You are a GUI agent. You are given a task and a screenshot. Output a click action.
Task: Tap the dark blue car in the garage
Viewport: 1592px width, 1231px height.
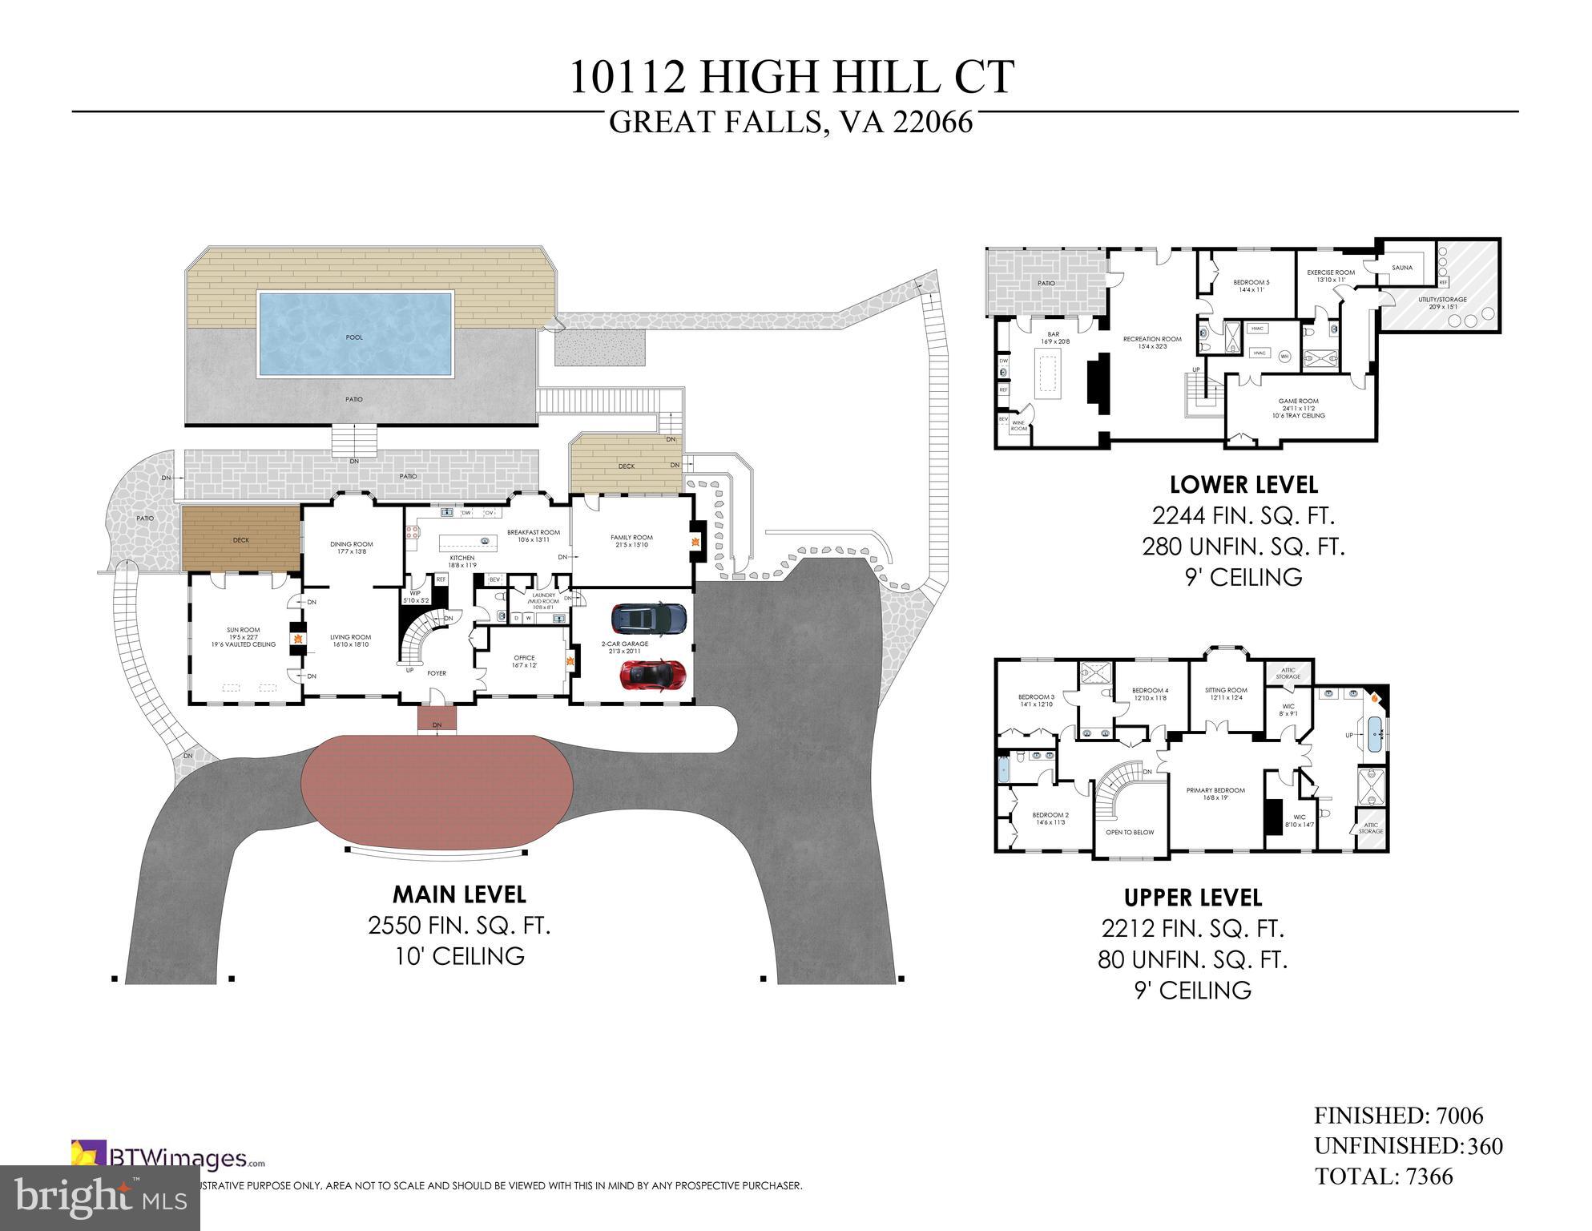click(x=649, y=619)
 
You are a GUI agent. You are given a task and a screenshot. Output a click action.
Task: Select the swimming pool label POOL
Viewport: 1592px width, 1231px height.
click(x=354, y=337)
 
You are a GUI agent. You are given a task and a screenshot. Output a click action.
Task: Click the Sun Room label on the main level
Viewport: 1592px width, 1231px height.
click(x=244, y=630)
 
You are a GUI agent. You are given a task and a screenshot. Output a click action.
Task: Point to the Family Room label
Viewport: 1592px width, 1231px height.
click(x=631, y=538)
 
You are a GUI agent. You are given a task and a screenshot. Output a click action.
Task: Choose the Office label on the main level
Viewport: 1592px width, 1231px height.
click(x=524, y=658)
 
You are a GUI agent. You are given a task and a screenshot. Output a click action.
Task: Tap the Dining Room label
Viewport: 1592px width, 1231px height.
click(x=352, y=544)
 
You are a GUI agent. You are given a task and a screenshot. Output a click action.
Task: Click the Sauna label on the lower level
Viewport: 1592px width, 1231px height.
click(x=1402, y=268)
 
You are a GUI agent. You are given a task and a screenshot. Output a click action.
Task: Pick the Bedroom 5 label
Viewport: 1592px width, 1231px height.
click(x=1251, y=282)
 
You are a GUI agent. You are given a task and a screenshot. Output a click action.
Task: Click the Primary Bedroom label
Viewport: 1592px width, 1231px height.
click(x=1215, y=790)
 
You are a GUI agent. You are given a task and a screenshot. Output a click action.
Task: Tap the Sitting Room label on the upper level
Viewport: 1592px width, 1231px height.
click(x=1226, y=690)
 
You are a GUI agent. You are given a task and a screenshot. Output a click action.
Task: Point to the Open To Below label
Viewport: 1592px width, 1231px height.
click(x=1130, y=832)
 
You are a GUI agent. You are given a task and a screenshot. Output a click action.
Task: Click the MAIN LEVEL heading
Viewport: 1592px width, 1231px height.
click(x=458, y=894)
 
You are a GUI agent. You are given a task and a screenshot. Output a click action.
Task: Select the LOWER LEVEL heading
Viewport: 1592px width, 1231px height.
click(x=1243, y=485)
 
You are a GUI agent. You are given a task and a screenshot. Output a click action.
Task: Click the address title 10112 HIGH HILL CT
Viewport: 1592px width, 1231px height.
click(x=792, y=78)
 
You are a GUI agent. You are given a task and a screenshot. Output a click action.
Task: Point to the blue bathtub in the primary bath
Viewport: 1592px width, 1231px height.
click(x=1375, y=735)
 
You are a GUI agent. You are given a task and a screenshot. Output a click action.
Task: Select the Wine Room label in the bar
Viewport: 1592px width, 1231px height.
click(x=1018, y=425)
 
